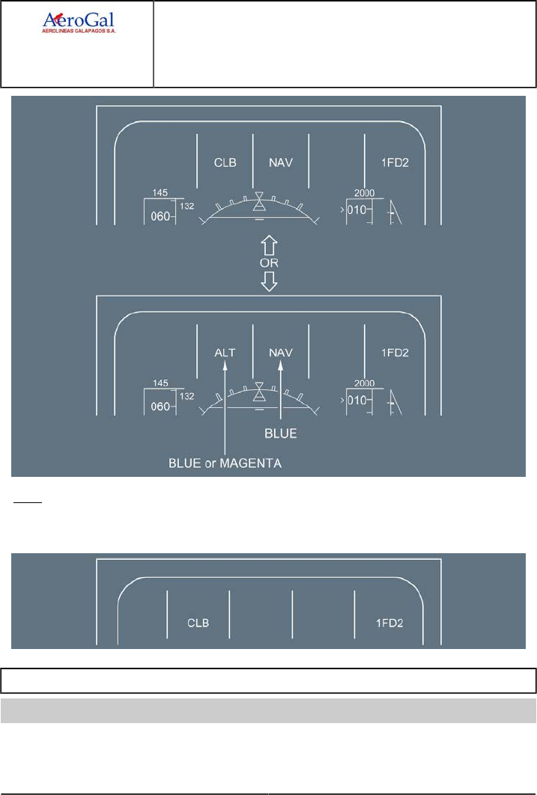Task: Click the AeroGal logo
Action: [82, 23]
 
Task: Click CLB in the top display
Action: [225, 162]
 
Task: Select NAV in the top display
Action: [280, 162]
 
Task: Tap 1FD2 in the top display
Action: [394, 162]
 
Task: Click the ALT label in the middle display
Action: [225, 351]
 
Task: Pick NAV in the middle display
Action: [280, 351]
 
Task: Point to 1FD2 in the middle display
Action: [394, 351]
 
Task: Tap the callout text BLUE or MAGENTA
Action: [224, 464]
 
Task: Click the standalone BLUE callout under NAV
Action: [281, 433]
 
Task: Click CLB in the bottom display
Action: [198, 623]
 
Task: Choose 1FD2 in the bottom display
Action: [389, 623]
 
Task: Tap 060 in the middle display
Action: [160, 406]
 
